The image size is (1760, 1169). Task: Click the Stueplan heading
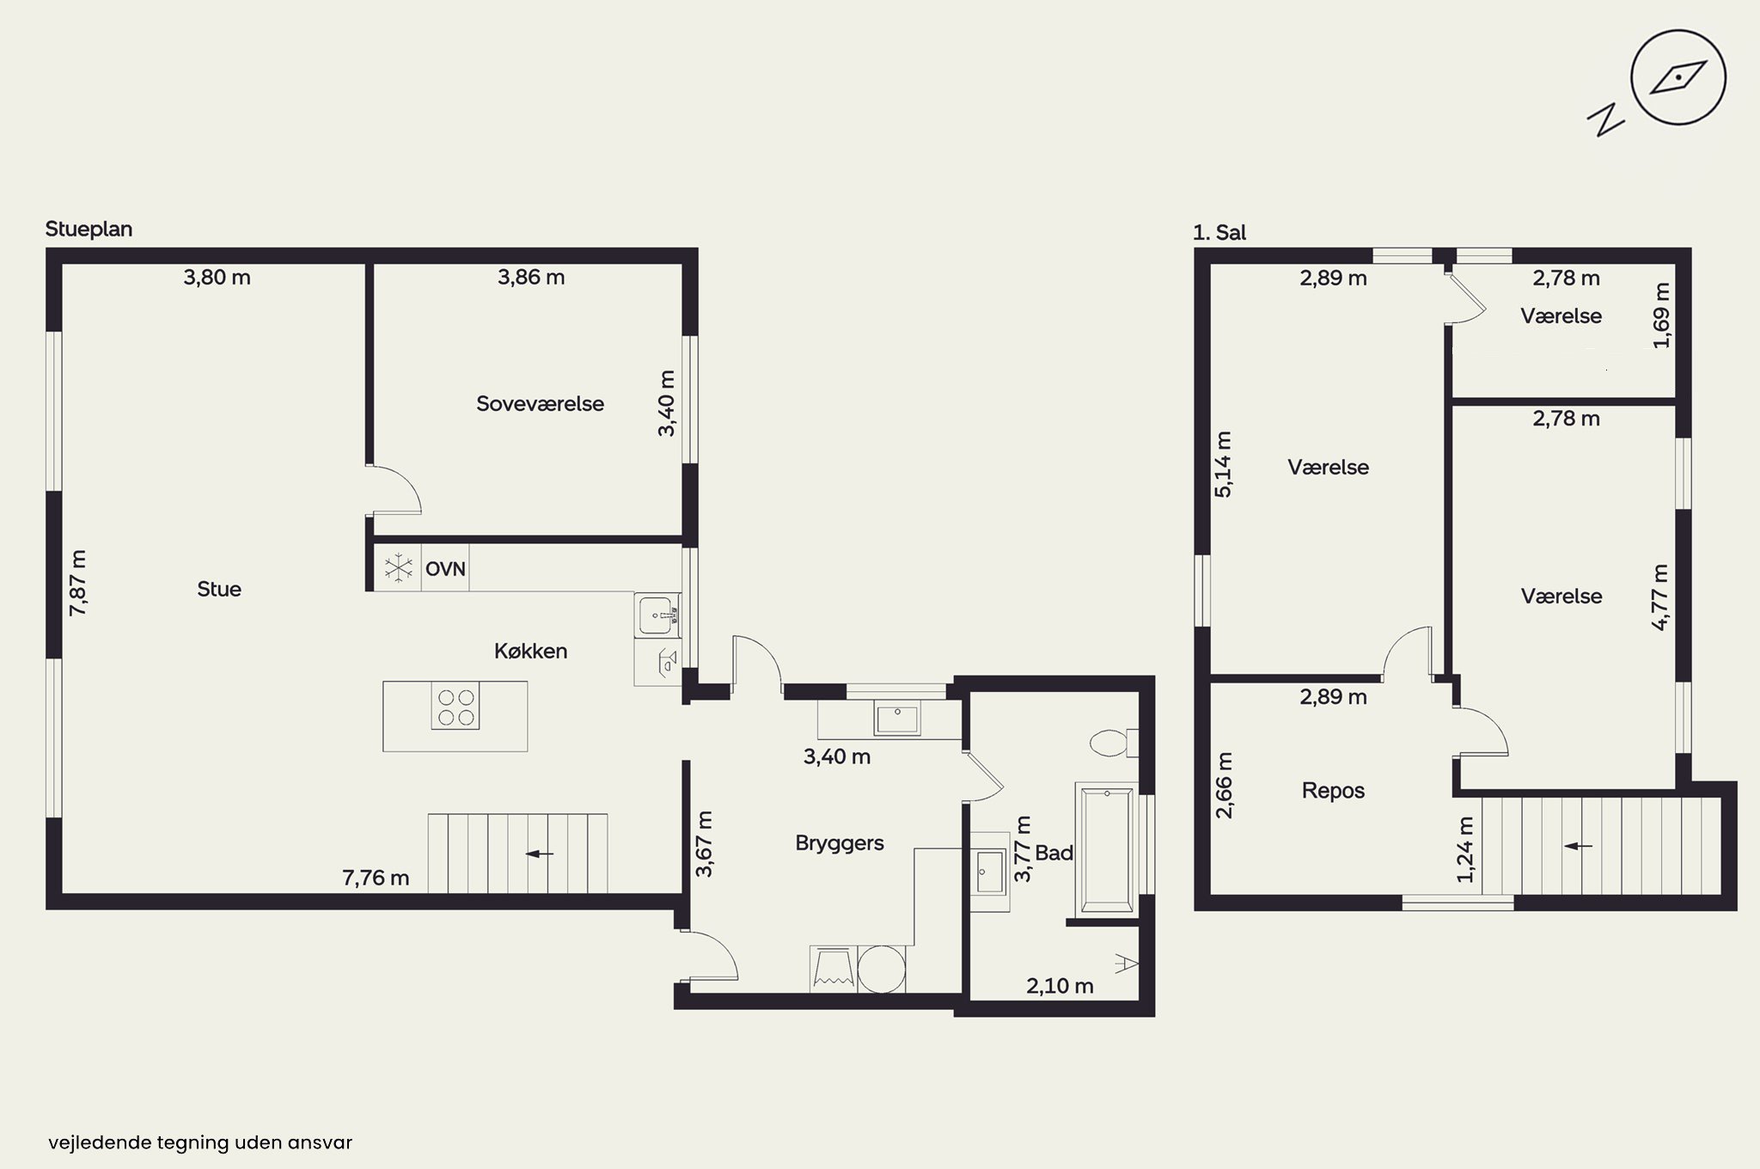89,230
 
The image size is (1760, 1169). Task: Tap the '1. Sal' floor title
1219,232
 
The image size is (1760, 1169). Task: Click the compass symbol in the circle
1678,78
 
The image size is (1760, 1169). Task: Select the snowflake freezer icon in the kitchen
398,568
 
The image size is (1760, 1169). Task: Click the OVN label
445,568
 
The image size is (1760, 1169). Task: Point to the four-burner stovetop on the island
455,706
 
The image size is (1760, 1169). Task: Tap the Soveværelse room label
540,404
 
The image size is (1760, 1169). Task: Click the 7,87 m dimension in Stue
78,582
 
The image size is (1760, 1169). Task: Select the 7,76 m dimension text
376,878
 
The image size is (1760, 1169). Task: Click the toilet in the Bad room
1114,743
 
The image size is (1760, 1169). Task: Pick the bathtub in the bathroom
1107,848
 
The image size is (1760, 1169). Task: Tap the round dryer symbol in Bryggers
882,969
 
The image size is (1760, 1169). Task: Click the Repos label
1333,791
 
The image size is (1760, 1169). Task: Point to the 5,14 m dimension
1223,464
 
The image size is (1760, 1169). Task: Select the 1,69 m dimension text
1661,315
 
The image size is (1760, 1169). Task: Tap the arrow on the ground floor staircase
540,854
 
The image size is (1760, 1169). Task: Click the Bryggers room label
840,843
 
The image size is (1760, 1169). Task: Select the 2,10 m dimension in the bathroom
1060,986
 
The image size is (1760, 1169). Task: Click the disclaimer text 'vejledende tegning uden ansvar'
200,1142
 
